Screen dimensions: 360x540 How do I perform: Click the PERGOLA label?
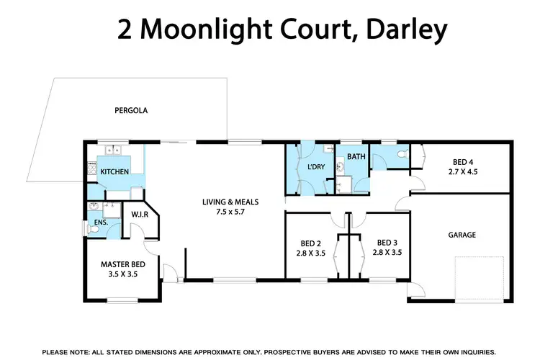(131, 111)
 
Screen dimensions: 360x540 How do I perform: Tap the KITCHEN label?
(114, 172)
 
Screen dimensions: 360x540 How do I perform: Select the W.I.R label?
(140, 214)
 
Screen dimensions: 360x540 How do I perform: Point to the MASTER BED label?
(122, 264)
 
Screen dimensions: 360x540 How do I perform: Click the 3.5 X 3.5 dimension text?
(122, 274)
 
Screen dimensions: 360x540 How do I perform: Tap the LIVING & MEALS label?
(230, 202)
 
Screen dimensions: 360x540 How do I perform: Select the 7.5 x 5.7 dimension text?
(230, 212)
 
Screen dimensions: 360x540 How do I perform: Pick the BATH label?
(356, 156)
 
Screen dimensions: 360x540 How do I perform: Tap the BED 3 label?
(387, 243)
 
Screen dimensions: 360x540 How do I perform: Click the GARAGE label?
(461, 235)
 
